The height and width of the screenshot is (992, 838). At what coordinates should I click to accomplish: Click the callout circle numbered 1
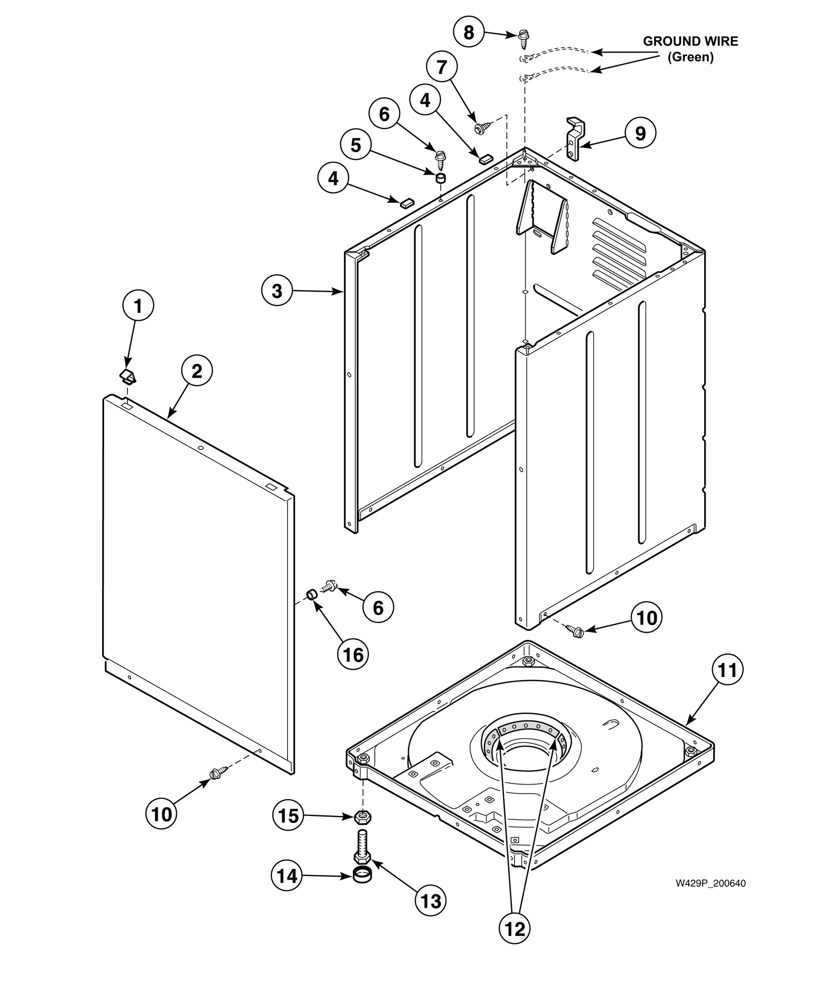tap(138, 306)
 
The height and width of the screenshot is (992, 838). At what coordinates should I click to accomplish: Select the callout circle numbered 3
tap(277, 291)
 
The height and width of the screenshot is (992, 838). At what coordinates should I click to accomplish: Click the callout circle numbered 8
tap(469, 33)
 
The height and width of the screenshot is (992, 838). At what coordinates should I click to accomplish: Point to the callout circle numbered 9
tap(640, 133)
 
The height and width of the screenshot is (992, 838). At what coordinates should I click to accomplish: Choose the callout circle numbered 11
tap(728, 671)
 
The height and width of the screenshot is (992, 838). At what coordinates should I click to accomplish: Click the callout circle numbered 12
tap(515, 929)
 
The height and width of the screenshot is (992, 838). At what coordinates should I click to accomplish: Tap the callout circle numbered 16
tap(354, 655)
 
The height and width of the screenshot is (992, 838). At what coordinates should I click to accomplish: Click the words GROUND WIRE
tap(690, 41)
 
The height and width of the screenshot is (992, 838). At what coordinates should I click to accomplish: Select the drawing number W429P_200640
tap(710, 883)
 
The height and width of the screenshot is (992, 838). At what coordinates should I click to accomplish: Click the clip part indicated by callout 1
tap(129, 376)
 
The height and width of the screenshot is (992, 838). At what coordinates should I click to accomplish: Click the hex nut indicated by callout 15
tap(363, 815)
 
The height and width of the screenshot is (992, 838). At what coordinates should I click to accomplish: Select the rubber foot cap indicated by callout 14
tap(362, 876)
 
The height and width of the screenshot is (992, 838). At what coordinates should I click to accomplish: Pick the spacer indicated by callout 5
tap(440, 178)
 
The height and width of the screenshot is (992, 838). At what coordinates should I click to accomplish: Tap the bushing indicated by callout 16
tap(311, 594)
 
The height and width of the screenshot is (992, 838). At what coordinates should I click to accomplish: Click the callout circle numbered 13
tap(430, 901)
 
